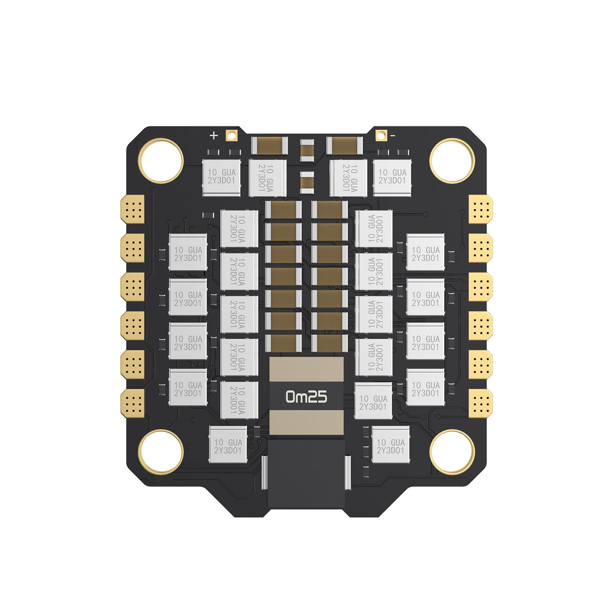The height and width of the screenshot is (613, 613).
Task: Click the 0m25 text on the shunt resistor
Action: pyautogui.click(x=306, y=396)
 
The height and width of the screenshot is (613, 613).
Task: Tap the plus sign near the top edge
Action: pyautogui.click(x=213, y=135)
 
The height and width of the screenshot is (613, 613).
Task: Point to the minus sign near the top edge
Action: pyautogui.click(x=393, y=135)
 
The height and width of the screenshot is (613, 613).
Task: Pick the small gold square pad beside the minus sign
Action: pyautogui.click(x=381, y=134)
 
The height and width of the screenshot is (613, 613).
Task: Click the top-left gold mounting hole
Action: pyautogui.click(x=160, y=160)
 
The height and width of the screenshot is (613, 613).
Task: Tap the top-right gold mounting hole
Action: pyautogui.click(x=452, y=160)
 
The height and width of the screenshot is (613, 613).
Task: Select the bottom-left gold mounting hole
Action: pyautogui.click(x=160, y=452)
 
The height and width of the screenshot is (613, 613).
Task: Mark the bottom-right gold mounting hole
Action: pyautogui.click(x=452, y=452)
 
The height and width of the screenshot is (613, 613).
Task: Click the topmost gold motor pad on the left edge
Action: pyautogui.click(x=133, y=209)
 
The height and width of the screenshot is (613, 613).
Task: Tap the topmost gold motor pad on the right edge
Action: pyautogui.click(x=480, y=209)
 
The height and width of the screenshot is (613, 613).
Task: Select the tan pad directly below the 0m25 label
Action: pyautogui.click(x=306, y=423)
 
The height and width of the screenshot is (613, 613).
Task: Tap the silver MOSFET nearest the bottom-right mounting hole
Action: pyautogui.click(x=390, y=444)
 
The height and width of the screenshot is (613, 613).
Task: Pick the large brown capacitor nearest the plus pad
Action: pyautogui.click(x=270, y=146)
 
